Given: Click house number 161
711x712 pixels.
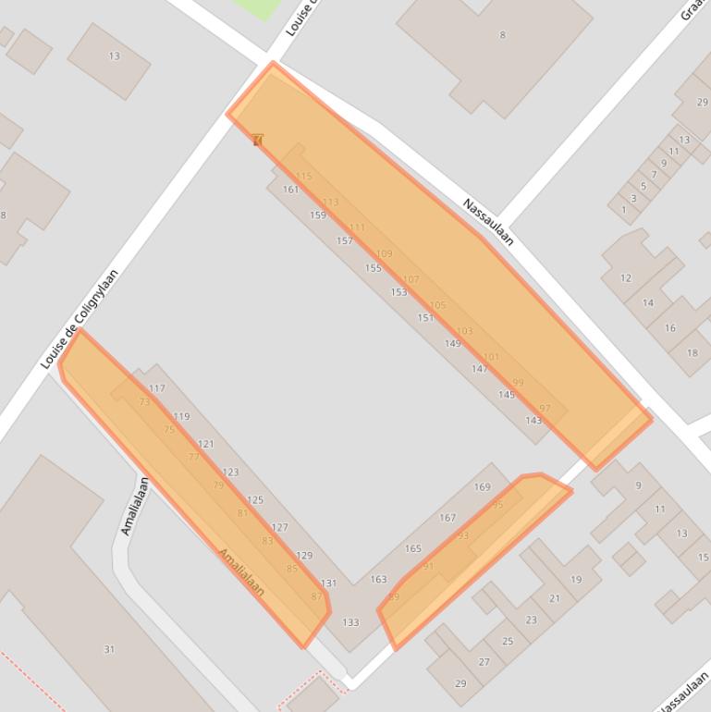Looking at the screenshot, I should click(291, 190).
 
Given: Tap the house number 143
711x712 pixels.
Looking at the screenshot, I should click(533, 421).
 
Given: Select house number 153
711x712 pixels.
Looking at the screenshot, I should click(398, 292).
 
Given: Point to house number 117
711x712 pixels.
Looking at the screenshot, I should click(156, 388).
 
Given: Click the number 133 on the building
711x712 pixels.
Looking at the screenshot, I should click(350, 622).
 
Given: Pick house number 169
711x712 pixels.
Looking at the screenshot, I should click(483, 487).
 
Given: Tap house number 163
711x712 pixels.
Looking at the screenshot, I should click(378, 580).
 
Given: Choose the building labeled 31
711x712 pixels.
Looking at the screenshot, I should click(109, 649).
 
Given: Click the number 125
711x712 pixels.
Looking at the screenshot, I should click(255, 500).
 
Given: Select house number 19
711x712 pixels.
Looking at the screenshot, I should click(576, 580).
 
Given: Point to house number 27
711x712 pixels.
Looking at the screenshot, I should click(484, 662).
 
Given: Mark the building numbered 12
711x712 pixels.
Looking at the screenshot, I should click(626, 277).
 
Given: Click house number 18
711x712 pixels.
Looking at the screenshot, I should click(693, 352).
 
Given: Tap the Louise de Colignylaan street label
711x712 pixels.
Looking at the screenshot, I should click(80, 319).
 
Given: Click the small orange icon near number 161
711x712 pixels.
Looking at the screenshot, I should click(258, 141).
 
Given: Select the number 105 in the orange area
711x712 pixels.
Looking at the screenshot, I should click(438, 305).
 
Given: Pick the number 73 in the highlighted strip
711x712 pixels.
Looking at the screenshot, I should click(144, 402).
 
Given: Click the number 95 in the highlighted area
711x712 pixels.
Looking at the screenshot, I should click(498, 505).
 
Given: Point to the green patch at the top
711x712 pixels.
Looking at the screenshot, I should click(258, 7).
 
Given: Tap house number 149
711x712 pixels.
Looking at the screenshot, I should click(452, 344).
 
